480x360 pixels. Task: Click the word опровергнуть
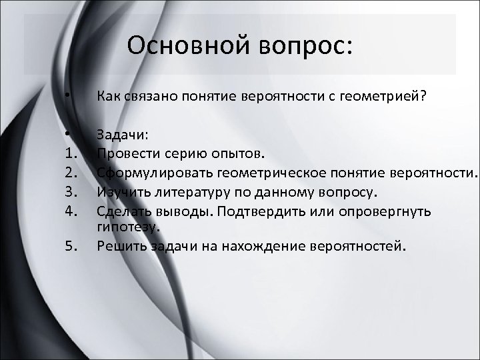click(x=390, y=212)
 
